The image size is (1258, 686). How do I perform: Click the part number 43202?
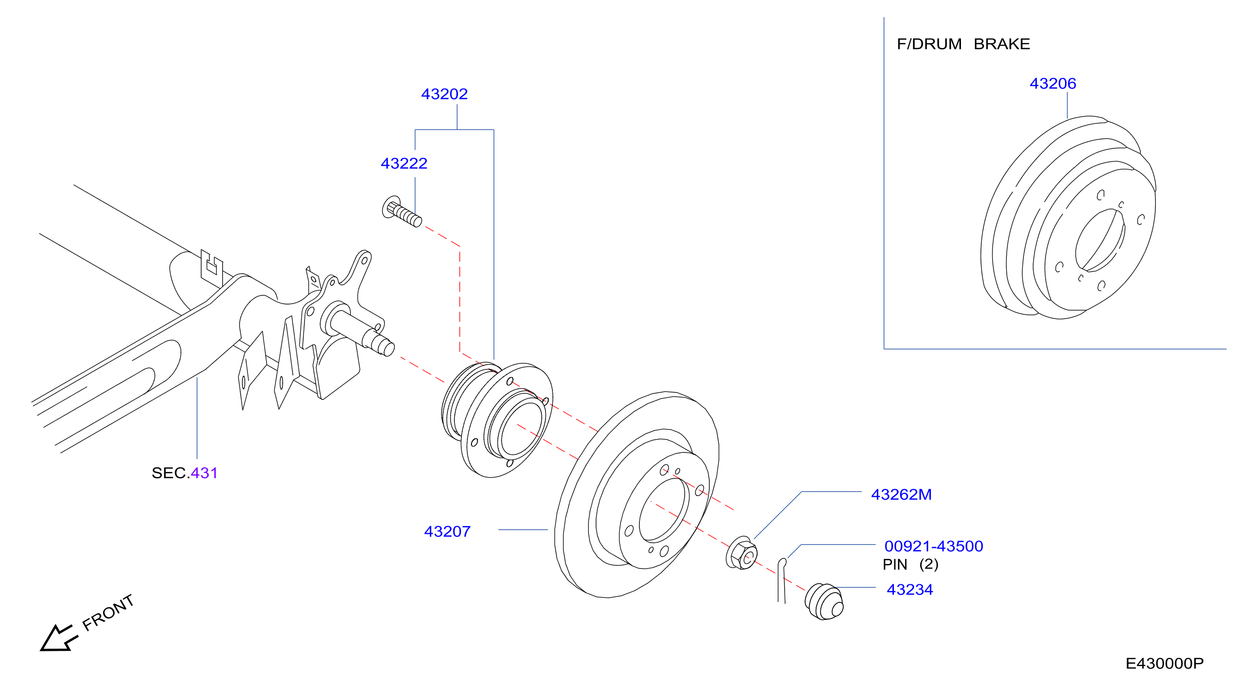pos(445,94)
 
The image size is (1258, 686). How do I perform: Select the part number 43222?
pos(404,163)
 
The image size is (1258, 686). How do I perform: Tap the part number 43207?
pos(447,531)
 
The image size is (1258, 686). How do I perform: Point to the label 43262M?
pos(901,494)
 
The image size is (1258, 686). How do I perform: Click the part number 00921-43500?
pos(934,546)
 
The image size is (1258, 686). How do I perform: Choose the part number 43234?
pos(910,589)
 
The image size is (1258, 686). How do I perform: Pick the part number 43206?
pos(1053,83)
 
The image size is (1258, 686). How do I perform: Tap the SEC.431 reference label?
pos(185,473)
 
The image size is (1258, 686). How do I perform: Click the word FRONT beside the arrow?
pos(108,613)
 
